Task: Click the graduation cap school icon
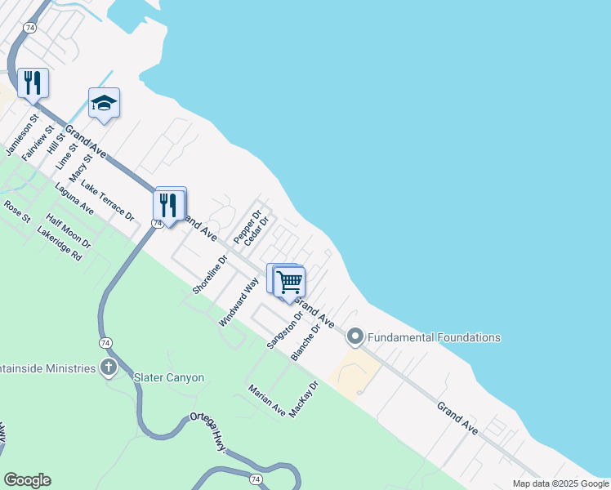pyautogui.click(x=104, y=103)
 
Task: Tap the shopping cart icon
pyautogui.click(x=290, y=283)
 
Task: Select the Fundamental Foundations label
pyautogui.click(x=434, y=336)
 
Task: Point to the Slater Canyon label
pyautogui.click(x=169, y=377)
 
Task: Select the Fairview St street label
pyautogui.click(x=38, y=142)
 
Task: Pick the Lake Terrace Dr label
pyautogui.click(x=107, y=203)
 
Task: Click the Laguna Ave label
pyautogui.click(x=74, y=199)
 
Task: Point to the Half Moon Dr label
pyautogui.click(x=69, y=231)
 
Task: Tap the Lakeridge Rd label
pyautogui.click(x=60, y=243)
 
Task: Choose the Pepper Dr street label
pyautogui.click(x=247, y=227)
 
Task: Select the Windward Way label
pyautogui.click(x=239, y=302)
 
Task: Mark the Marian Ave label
pyautogui.click(x=266, y=400)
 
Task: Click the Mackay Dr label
pyautogui.click(x=302, y=399)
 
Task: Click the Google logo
pyautogui.click(x=27, y=480)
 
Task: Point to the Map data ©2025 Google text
pyautogui.click(x=560, y=483)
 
